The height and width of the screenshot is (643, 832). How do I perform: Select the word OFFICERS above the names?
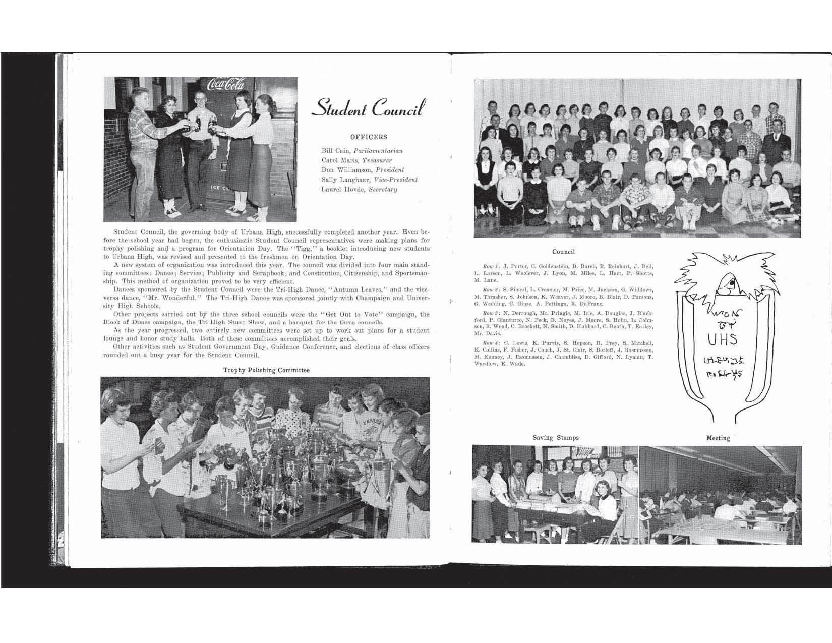pos(369,137)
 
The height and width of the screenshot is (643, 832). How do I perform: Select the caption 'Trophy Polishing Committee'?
pos(266,370)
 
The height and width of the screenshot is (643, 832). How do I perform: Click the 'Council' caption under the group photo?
pos(563,252)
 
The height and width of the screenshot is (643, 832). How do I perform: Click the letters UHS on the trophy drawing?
pos(722,339)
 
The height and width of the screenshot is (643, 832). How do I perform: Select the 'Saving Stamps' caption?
pos(556,438)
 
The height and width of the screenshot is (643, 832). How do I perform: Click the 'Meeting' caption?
pos(718,438)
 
